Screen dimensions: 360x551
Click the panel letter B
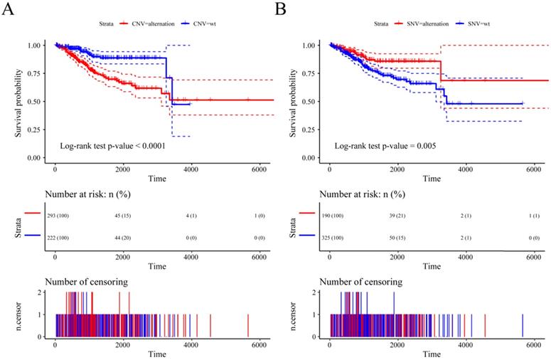[281, 9]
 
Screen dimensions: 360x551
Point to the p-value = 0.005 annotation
[385, 145]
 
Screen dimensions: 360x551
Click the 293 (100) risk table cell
[57, 212]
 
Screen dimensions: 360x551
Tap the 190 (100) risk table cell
[331, 212]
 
